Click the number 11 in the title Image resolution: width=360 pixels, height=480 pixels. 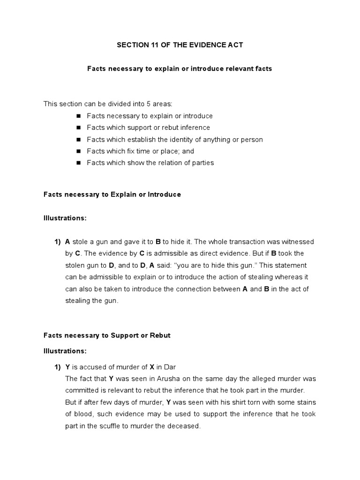coord(153,45)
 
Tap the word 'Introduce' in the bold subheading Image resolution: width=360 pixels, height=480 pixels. coord(164,194)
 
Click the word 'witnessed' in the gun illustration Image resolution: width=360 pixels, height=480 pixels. coord(295,241)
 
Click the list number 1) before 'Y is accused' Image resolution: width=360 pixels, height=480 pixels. coord(58,367)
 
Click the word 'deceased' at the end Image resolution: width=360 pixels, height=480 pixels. coord(185,426)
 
